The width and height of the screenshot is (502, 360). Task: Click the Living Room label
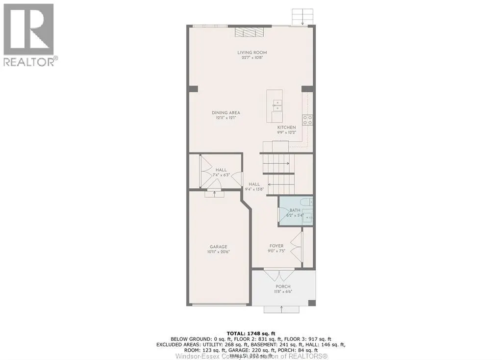[x=252, y=52]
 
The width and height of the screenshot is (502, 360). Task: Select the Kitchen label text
[x=287, y=128]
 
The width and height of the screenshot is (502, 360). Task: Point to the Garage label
[x=219, y=247]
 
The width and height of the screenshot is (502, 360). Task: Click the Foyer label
[x=276, y=246]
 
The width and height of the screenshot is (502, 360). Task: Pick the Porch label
[x=283, y=286]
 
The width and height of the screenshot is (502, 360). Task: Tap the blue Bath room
[x=296, y=212]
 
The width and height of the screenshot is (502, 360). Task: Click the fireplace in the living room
[x=250, y=32]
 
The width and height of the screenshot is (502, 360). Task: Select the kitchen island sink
[x=276, y=103]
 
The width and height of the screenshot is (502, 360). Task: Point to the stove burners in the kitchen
[x=308, y=120]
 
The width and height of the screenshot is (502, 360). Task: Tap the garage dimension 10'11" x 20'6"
[x=219, y=252]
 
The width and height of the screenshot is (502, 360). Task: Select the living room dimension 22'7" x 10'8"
[x=252, y=58]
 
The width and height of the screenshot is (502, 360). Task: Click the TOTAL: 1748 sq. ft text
[x=251, y=333]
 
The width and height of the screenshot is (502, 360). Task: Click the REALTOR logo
[x=29, y=34]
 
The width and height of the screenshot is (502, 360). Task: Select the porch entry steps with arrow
[x=282, y=309]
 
